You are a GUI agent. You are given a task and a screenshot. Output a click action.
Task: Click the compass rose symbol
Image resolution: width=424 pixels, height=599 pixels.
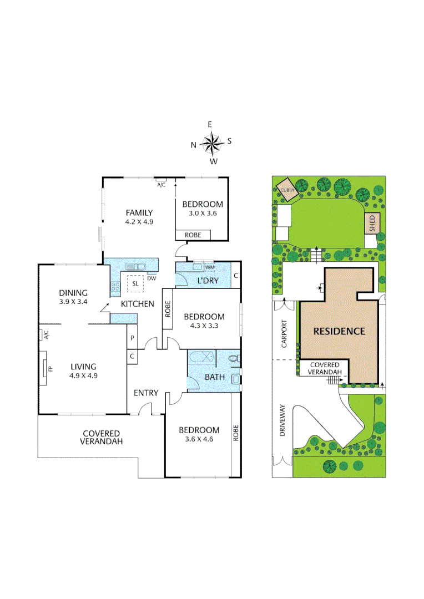click(211, 144)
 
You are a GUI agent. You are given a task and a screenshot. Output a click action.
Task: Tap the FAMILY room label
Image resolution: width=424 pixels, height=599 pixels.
click(139, 212)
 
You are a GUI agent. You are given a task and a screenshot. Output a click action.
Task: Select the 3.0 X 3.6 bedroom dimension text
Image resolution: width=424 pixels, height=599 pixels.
click(203, 213)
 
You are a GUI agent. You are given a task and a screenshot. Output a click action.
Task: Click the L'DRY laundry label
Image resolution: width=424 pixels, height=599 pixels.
click(208, 281)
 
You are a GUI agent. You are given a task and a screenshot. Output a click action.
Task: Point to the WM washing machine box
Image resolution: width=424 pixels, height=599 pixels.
click(209, 267)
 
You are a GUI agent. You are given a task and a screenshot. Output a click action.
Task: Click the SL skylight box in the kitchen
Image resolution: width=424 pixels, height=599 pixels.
click(135, 283)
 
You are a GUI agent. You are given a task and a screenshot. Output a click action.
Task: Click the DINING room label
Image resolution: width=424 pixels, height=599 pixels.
click(74, 293)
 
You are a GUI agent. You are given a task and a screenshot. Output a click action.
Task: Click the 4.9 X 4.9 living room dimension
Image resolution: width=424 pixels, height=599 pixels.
click(83, 375)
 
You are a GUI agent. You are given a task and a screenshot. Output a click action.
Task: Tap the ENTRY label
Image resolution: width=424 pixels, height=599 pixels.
click(146, 393)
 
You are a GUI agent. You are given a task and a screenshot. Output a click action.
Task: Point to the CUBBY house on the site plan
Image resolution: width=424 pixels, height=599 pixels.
click(287, 187)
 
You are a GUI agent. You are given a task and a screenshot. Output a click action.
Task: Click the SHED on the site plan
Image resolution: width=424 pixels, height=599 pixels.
click(371, 223)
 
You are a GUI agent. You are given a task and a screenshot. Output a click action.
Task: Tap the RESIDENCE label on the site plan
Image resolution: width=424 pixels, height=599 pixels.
click(339, 331)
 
